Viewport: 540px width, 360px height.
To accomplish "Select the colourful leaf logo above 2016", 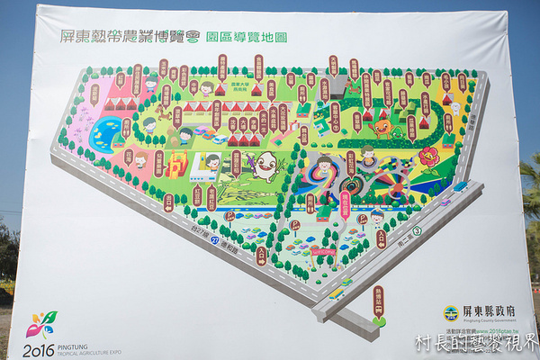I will [x=41, y=324].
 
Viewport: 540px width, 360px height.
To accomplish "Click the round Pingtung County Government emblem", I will [x=450, y=313].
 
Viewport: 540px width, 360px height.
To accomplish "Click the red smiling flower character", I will [x=428, y=157].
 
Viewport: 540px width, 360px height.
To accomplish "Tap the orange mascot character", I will [x=382, y=127].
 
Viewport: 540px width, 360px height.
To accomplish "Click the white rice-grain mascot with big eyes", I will [x=265, y=166].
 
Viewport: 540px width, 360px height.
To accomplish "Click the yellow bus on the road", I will [x=335, y=292].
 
